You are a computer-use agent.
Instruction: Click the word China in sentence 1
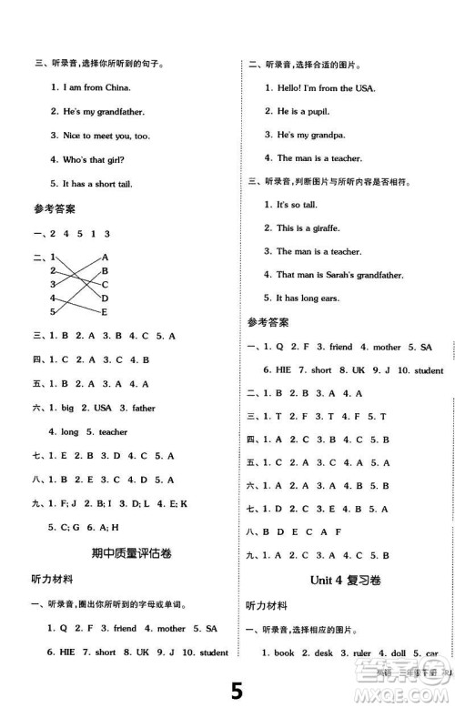tap(116, 87)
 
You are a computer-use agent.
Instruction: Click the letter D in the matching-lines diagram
tap(106, 298)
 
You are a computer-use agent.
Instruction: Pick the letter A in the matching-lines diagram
tap(106, 258)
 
